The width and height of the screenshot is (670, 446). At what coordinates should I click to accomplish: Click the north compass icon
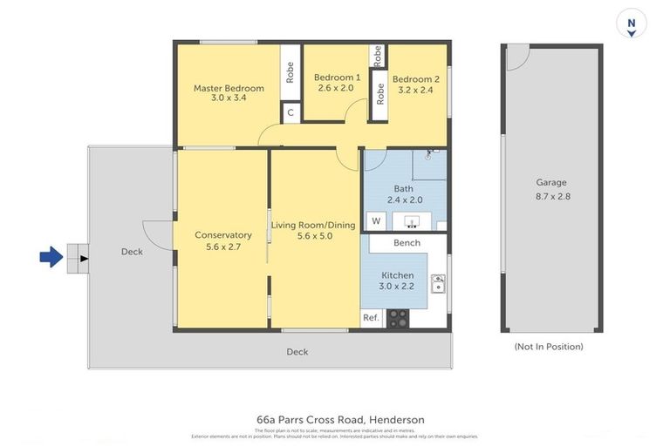point(631,24)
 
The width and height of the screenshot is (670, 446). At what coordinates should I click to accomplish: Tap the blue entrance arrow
point(51,257)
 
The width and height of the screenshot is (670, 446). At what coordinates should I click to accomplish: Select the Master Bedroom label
point(229,88)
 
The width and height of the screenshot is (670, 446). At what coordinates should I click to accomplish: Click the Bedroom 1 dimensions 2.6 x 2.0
point(335,88)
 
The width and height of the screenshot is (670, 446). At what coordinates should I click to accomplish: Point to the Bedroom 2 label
point(415,78)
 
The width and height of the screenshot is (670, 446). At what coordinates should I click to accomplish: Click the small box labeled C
point(291,113)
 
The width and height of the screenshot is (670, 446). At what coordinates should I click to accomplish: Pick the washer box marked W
point(376,220)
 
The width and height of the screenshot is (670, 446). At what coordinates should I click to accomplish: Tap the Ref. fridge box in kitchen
point(371,318)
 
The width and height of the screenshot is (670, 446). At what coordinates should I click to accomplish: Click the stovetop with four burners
point(398,319)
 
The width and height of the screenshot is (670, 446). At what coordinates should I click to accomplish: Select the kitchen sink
point(438,284)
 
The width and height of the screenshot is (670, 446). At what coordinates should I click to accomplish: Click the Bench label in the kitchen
point(407,243)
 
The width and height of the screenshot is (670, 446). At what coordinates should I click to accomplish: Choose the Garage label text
point(550,183)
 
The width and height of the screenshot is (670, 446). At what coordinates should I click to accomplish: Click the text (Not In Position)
point(550,347)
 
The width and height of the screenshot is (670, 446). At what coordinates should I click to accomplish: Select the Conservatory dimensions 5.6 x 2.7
point(223,247)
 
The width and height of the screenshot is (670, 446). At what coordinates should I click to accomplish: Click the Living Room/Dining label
point(313,225)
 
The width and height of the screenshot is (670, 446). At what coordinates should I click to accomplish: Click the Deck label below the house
point(297,352)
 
